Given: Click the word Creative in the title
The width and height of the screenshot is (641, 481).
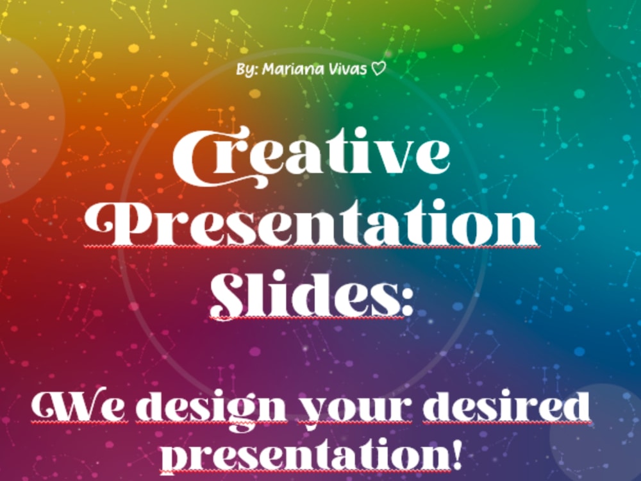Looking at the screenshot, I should (x=312, y=156).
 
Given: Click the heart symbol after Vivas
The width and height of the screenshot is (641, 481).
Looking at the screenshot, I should (x=379, y=69).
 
